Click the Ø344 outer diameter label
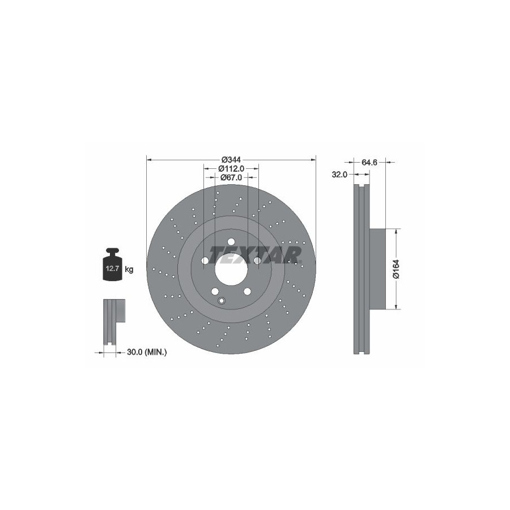click(x=231, y=160)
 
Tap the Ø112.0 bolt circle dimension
click(x=231, y=168)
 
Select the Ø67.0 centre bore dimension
click(x=231, y=177)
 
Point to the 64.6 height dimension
click(x=369, y=162)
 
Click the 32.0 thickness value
click(x=339, y=175)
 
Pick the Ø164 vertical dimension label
click(x=396, y=269)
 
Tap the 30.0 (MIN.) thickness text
click(x=147, y=352)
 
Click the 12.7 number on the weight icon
click(x=113, y=269)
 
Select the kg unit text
click(x=129, y=269)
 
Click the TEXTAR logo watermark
click(x=255, y=254)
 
